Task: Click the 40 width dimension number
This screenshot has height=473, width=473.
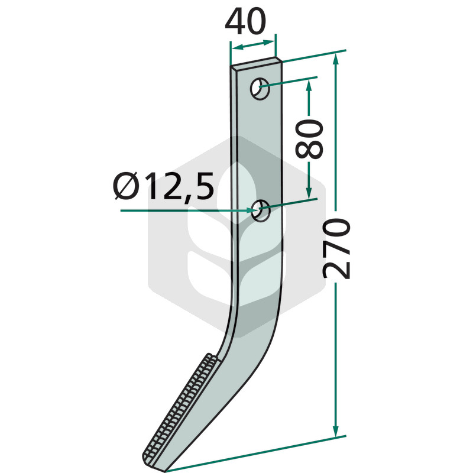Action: click(x=245, y=21)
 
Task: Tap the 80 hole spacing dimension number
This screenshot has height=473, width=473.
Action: click(x=309, y=139)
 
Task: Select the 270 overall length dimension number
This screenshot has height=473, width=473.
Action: click(x=336, y=248)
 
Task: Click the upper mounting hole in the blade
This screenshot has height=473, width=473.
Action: click(x=260, y=89)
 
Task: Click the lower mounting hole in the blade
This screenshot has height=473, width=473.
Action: click(x=260, y=210)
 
